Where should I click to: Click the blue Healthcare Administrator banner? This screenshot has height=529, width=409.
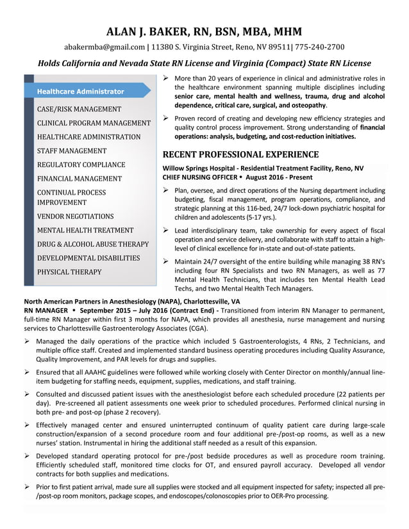pyautogui.click(x=81, y=92)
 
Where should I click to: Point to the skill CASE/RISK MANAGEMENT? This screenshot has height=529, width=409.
pyautogui.click(x=79, y=110)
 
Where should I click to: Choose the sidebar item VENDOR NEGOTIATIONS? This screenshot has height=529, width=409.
pyautogui.click(x=75, y=216)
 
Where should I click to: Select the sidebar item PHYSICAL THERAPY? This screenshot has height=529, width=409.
pyautogui.click(x=69, y=272)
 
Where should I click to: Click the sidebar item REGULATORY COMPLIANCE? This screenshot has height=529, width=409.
pyautogui.click(x=81, y=165)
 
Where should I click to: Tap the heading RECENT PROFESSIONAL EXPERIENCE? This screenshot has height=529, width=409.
pyautogui.click(x=240, y=154)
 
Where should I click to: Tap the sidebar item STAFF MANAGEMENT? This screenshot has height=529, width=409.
pyautogui.click(x=72, y=151)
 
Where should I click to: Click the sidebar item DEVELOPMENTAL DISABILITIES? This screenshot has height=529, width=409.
pyautogui.click(x=88, y=258)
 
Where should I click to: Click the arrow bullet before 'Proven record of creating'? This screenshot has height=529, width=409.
pyautogui.click(x=167, y=118)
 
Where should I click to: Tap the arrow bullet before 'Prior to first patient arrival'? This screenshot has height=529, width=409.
pyautogui.click(x=27, y=487)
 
